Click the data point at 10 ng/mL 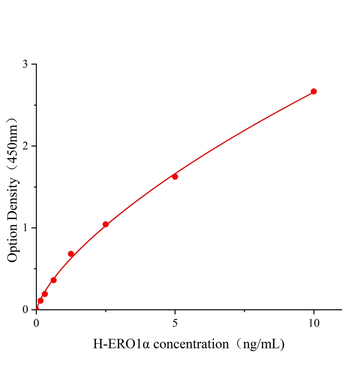[x=313, y=92]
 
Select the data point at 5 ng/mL [x=175, y=177]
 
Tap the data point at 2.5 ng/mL [x=106, y=224]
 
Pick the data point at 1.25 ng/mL [x=71, y=254]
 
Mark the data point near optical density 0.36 [x=53, y=280]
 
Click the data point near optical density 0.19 [x=45, y=294]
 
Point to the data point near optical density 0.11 [x=40, y=300]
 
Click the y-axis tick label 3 [x=25, y=65]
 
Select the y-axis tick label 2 [x=25, y=146]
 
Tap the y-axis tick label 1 [x=25, y=228]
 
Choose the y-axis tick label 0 [x=25, y=310]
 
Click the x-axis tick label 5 [x=175, y=323]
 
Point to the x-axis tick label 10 [x=314, y=323]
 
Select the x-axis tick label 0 [x=37, y=323]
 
